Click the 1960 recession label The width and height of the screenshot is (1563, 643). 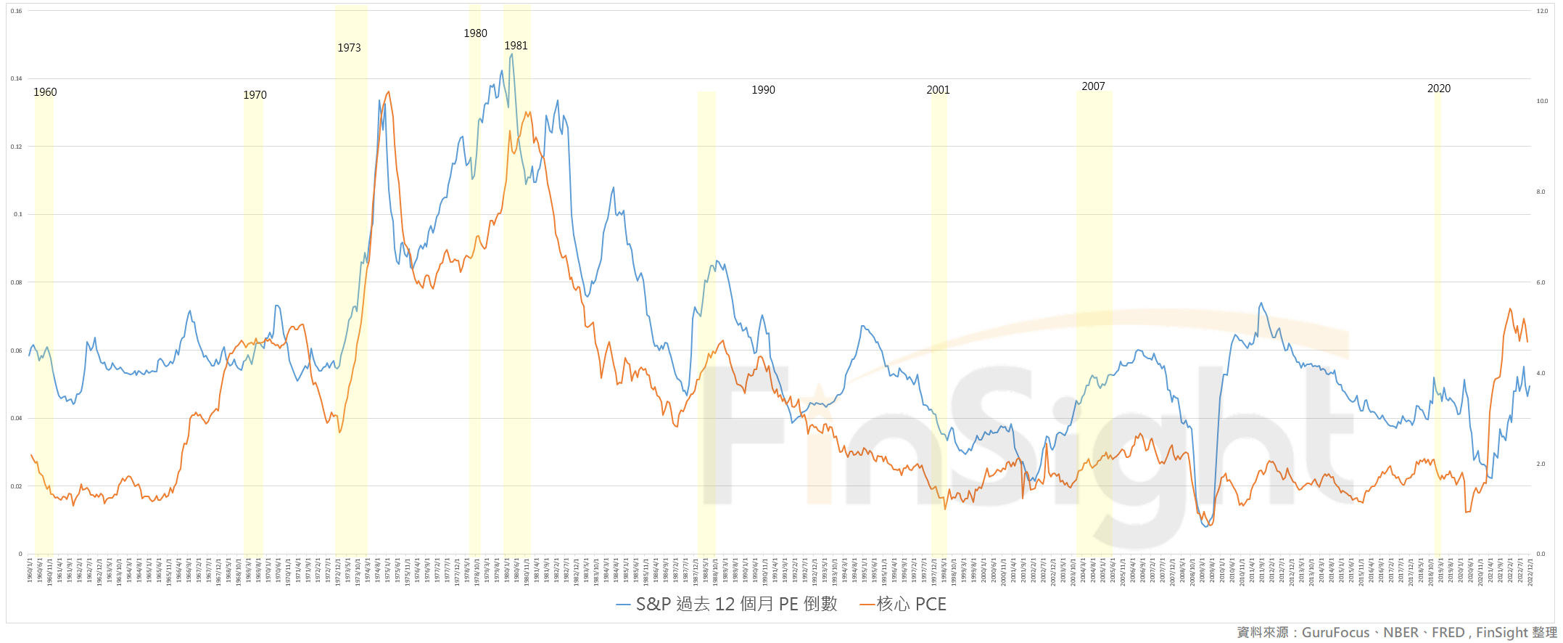(45, 92)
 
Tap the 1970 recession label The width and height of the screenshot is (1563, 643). (255, 95)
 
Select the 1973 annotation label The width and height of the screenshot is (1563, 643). (349, 48)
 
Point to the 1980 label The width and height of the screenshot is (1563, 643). (475, 33)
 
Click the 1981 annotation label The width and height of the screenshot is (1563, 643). (516, 46)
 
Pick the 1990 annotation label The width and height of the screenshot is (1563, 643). (763, 90)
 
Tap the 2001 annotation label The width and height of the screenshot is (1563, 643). (938, 90)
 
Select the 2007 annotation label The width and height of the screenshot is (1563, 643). (1093, 86)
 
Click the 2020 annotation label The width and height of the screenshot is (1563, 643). (1439, 89)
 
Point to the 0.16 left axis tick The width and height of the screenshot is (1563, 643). (17, 11)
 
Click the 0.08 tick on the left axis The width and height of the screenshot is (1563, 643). (17, 282)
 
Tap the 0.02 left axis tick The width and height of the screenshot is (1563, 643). (17, 486)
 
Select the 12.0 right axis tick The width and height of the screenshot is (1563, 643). (1542, 11)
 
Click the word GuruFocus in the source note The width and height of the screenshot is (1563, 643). (1335, 633)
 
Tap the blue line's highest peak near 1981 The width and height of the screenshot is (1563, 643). (512, 54)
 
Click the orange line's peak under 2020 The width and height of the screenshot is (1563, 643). (1510, 308)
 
